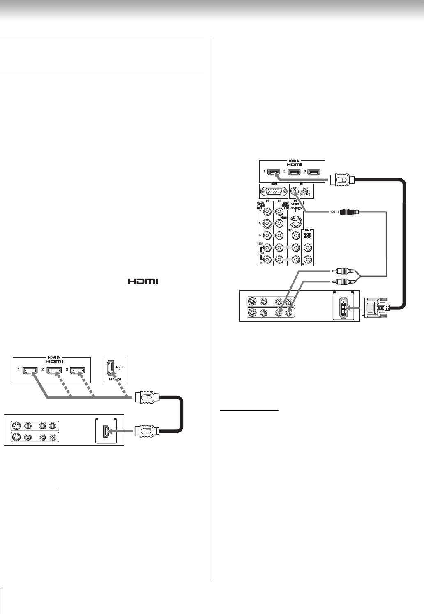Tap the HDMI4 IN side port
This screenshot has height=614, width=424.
(x=110, y=367)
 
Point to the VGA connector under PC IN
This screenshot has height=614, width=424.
(x=273, y=191)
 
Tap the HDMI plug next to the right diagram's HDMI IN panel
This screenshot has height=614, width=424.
(x=342, y=179)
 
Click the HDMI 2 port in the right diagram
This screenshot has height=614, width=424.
(x=293, y=173)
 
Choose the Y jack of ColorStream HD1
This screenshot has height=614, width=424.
(x=267, y=212)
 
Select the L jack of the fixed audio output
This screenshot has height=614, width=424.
(x=307, y=248)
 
